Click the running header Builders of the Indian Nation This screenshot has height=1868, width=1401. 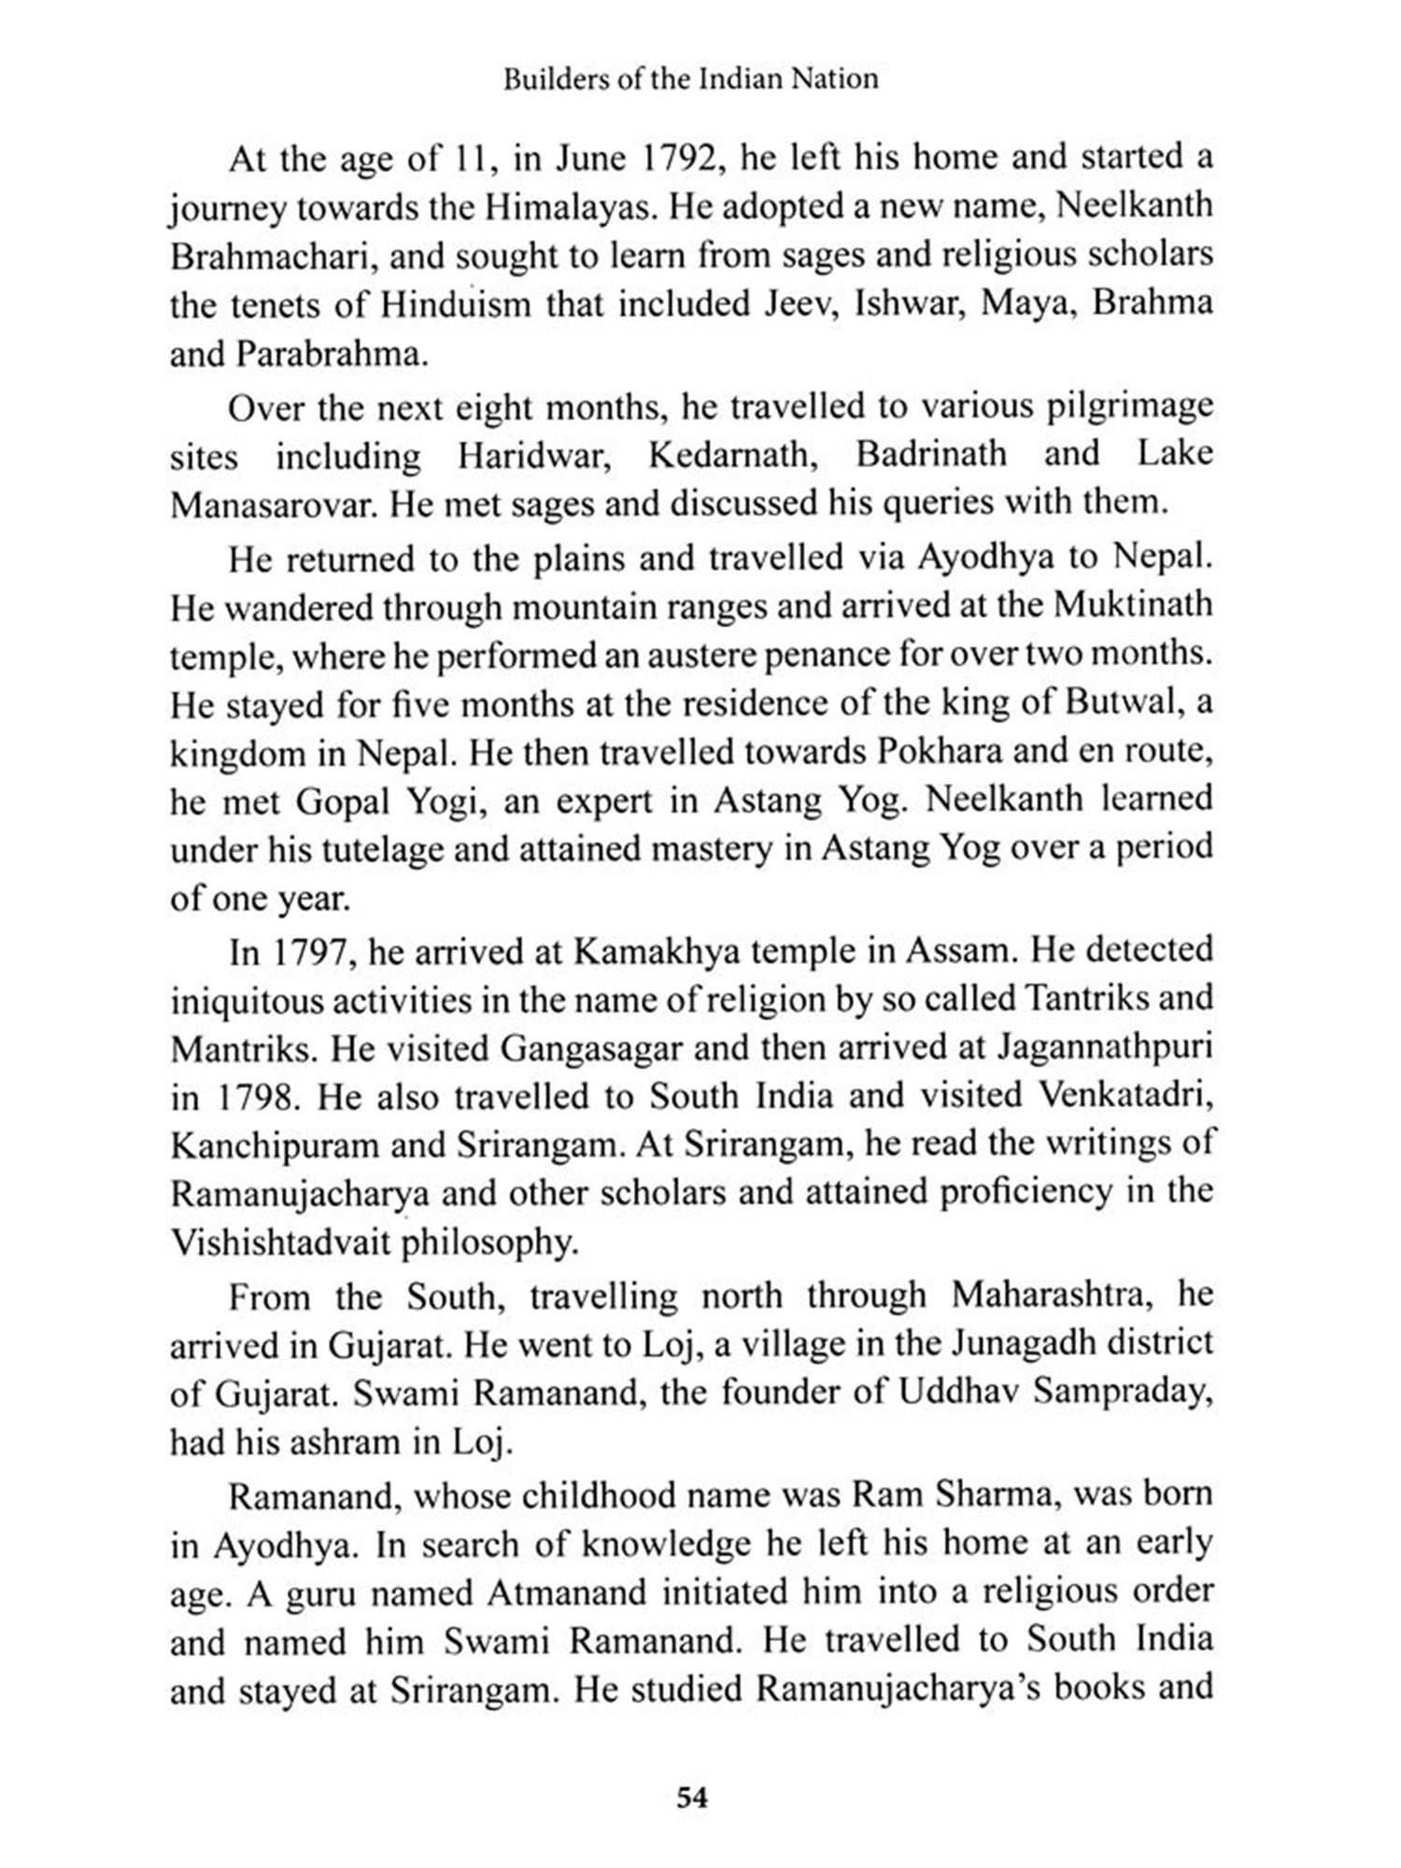(x=690, y=79)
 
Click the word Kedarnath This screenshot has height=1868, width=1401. (x=728, y=455)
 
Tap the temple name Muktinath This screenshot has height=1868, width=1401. (x=1133, y=606)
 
